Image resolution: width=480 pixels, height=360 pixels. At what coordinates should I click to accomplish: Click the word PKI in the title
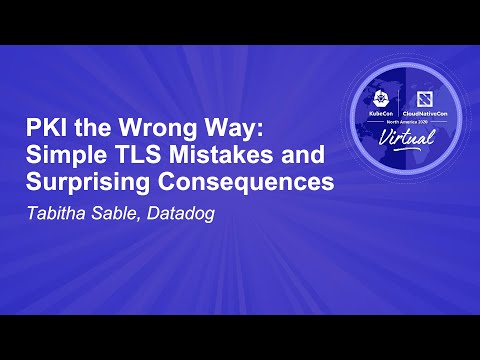click(x=46, y=129)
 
